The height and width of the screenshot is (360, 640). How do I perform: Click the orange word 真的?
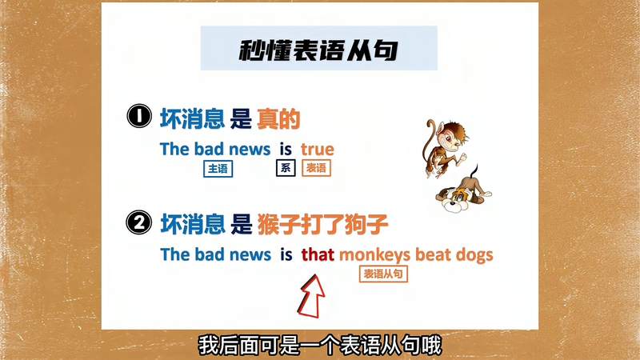(x=278, y=119)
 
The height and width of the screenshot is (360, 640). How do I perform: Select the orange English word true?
(x=318, y=149)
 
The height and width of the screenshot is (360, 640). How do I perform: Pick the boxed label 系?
(x=286, y=168)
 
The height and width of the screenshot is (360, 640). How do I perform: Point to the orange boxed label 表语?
(x=316, y=168)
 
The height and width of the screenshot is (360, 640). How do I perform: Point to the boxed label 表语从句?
(x=386, y=274)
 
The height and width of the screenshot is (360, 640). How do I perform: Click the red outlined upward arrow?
(x=312, y=295)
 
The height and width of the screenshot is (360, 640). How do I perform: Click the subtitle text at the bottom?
(x=319, y=345)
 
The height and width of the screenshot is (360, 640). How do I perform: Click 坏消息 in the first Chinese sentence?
(x=192, y=119)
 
